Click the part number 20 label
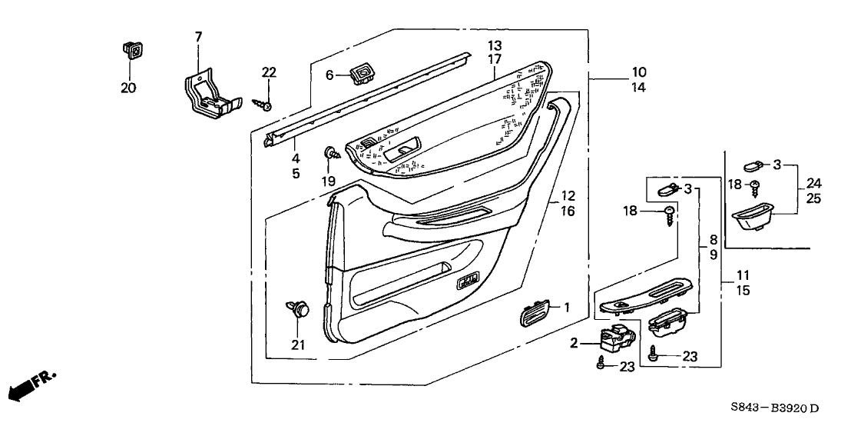coord(128,88)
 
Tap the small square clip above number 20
coord(131,52)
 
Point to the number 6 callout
coord(329,75)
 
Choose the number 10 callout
coord(639,72)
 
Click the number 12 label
coord(567,196)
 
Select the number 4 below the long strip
coord(295,159)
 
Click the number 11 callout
coord(742,275)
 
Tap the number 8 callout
coord(713,239)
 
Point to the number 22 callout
coord(268,72)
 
